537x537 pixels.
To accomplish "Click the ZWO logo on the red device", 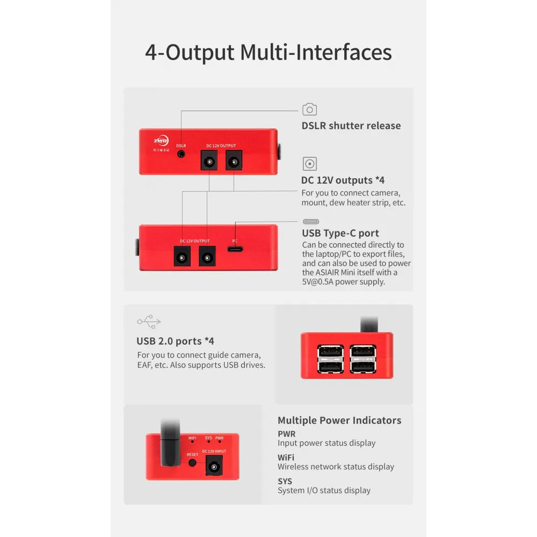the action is tap(161, 140).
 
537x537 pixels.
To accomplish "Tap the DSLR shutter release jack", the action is tap(181, 154).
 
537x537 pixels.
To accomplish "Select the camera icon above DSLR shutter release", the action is tap(310, 109).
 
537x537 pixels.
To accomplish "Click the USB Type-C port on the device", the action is tap(235, 249).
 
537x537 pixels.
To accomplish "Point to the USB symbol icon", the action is tap(149, 322).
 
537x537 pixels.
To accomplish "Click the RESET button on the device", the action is tap(192, 463).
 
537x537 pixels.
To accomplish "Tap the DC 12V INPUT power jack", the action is tap(214, 467).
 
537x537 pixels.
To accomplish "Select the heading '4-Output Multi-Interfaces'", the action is tap(268, 53).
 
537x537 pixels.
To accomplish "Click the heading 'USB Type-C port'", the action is tap(340, 233).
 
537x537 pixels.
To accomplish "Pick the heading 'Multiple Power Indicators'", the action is tap(339, 420).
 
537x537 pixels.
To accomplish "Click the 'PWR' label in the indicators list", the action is tap(287, 434).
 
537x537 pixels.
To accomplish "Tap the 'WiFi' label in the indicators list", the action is tap(286, 458).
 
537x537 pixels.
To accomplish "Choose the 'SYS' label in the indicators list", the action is tap(285, 481).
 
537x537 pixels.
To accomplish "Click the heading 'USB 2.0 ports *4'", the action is tap(176, 341).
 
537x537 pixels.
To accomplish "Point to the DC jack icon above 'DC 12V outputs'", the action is tap(310, 164).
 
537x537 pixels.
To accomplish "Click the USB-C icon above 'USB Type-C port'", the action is tap(311, 222).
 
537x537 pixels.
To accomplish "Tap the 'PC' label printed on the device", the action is tap(235, 241).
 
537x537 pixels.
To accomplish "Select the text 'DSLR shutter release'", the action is tap(351, 126).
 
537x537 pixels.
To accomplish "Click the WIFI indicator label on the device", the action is tap(192, 438).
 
